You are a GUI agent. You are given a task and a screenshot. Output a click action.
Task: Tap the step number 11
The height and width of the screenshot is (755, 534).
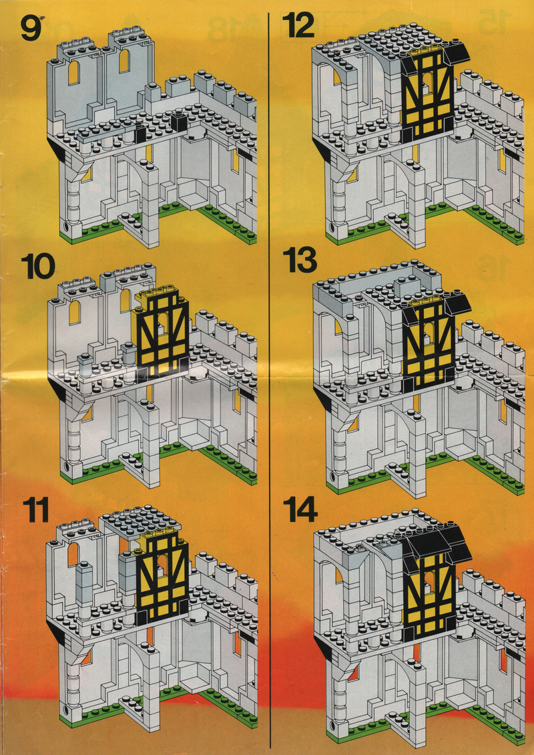[36, 511]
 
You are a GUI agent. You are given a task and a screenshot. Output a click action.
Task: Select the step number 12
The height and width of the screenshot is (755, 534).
[298, 25]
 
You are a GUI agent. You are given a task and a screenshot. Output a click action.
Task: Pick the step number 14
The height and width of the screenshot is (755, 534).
[300, 510]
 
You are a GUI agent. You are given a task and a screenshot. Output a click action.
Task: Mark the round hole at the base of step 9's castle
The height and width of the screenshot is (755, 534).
[65, 226]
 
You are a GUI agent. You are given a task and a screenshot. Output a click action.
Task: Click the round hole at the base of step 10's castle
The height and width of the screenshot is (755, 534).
[65, 466]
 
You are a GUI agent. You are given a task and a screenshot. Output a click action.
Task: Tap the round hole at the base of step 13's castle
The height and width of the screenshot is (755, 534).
[332, 475]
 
